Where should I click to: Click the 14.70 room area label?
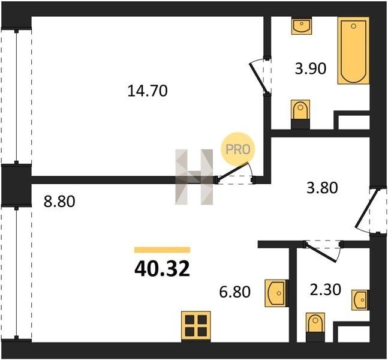click(x=148, y=91)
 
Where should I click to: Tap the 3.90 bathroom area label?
click(x=311, y=68)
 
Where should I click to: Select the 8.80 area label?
click(x=59, y=201)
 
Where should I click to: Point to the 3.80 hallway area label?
click(x=322, y=187)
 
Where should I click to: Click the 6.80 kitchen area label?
click(x=235, y=292)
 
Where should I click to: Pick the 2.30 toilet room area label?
click(x=326, y=289)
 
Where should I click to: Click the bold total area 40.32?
click(x=162, y=269)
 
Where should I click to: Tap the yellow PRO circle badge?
click(x=238, y=149)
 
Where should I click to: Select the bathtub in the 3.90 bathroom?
click(x=354, y=50)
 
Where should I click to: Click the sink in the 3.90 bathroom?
click(x=302, y=26)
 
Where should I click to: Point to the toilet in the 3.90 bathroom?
click(x=300, y=115)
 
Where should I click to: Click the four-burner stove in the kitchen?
click(x=195, y=326)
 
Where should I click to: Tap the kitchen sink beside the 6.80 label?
click(x=276, y=293)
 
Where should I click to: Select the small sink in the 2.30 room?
click(x=360, y=300)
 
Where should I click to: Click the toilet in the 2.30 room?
click(x=315, y=328)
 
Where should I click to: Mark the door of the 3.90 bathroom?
click(x=259, y=77)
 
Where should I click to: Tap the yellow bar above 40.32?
click(x=162, y=250)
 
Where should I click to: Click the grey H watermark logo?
click(x=194, y=177)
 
